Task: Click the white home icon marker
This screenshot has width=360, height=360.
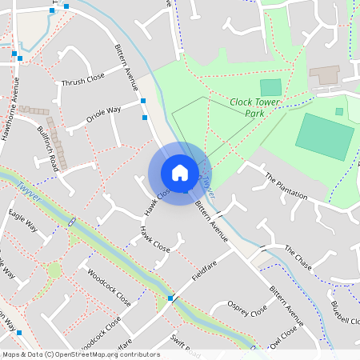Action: [180, 173]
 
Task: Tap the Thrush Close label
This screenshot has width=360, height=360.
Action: [83, 80]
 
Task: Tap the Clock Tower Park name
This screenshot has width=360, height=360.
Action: [258, 107]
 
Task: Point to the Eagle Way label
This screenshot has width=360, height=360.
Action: [23, 220]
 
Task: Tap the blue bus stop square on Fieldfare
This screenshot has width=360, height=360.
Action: [170, 298]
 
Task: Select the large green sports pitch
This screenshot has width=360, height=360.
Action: [324, 136]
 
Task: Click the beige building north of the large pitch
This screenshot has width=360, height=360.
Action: [325, 75]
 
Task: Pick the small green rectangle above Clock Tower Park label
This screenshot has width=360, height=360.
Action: [271, 87]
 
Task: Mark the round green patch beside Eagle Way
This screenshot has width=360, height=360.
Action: [54, 270]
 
